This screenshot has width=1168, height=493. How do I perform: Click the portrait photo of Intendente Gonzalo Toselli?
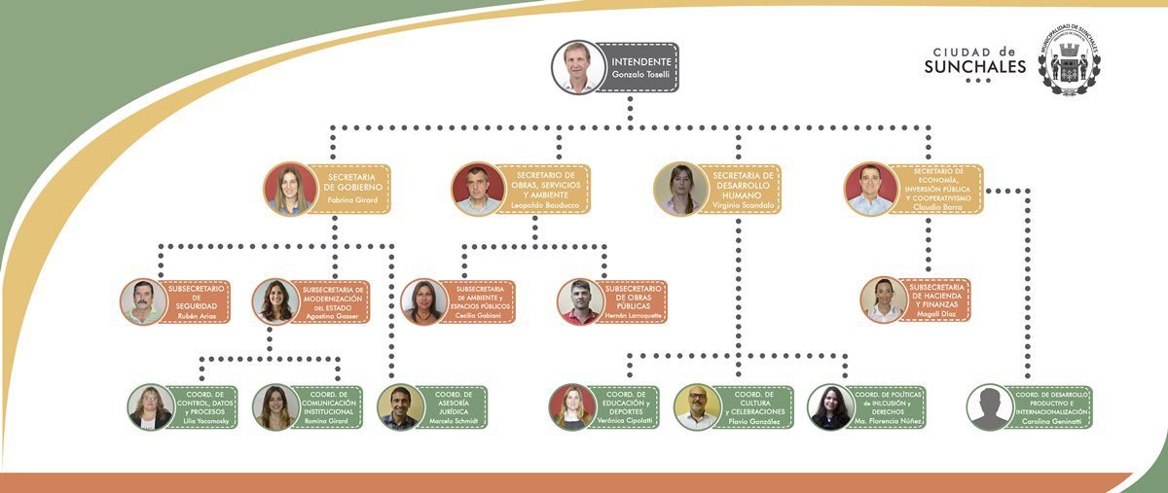coord(577,67)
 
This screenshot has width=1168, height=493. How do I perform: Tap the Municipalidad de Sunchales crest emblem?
coord(1069,59)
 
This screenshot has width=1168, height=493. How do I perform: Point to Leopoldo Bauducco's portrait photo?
coord(478,189)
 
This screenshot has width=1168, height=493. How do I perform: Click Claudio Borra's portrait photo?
coord(870,189)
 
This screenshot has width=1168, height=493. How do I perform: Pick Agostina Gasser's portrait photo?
coord(275,301)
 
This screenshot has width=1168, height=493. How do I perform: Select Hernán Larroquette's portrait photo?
coord(581,301)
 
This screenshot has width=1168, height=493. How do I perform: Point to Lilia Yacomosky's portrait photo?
coord(151,407)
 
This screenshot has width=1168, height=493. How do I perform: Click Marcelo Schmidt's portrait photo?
coord(400,407)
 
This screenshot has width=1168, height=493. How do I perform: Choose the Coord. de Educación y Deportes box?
coord(628,407)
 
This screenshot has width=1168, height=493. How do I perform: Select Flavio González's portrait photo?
coord(697,407)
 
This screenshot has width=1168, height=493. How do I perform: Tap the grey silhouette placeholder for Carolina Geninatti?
coord(990,407)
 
